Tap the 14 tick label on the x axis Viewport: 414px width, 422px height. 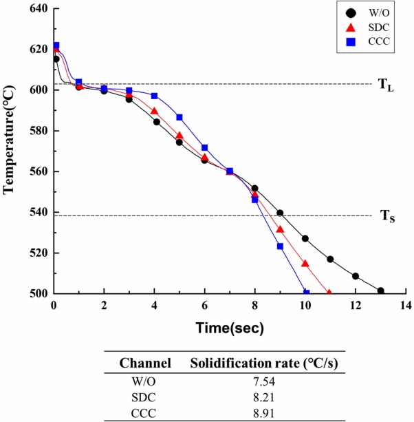(406, 305)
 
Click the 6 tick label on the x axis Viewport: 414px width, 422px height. (204, 305)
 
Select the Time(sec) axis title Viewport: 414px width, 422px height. (230, 328)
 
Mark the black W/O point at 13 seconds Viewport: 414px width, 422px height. (380, 291)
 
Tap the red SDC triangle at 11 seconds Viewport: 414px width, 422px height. (329, 293)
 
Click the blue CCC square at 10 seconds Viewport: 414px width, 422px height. (306, 293)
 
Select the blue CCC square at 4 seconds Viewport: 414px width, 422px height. (154, 96)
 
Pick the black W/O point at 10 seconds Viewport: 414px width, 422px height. (305, 238)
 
